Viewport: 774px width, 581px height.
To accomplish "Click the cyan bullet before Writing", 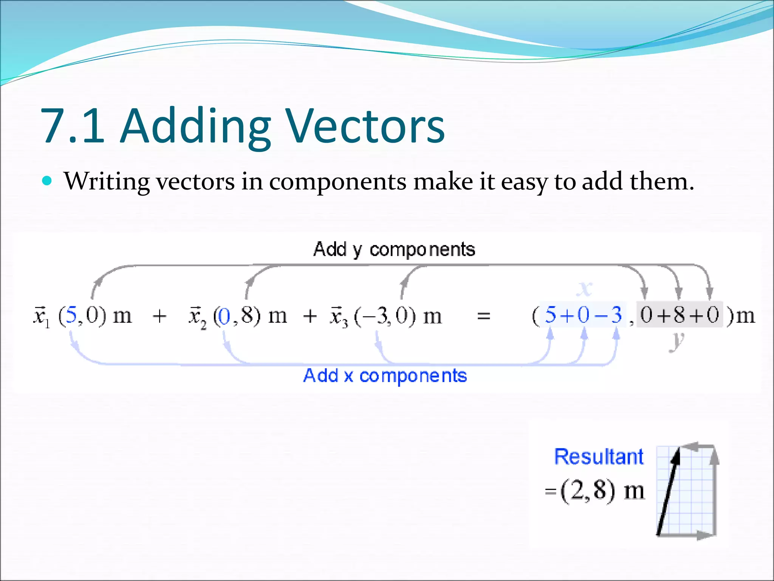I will click(x=47, y=181).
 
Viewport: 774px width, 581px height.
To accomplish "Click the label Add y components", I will click(x=394, y=250).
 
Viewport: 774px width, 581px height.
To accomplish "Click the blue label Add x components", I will click(x=385, y=376).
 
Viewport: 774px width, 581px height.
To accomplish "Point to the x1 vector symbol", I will click(x=41, y=316).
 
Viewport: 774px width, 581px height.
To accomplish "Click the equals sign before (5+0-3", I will click(x=483, y=316).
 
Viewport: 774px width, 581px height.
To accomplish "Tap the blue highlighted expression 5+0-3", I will click(x=583, y=315).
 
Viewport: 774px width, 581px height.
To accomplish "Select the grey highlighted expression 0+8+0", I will click(x=679, y=315).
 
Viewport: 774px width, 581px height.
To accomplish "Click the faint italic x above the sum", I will click(x=584, y=289).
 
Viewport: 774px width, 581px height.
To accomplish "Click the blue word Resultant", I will click(x=598, y=457).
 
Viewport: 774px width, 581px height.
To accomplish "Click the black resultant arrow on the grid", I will click(x=668, y=492).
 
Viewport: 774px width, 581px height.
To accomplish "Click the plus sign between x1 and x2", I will click(x=159, y=316).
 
